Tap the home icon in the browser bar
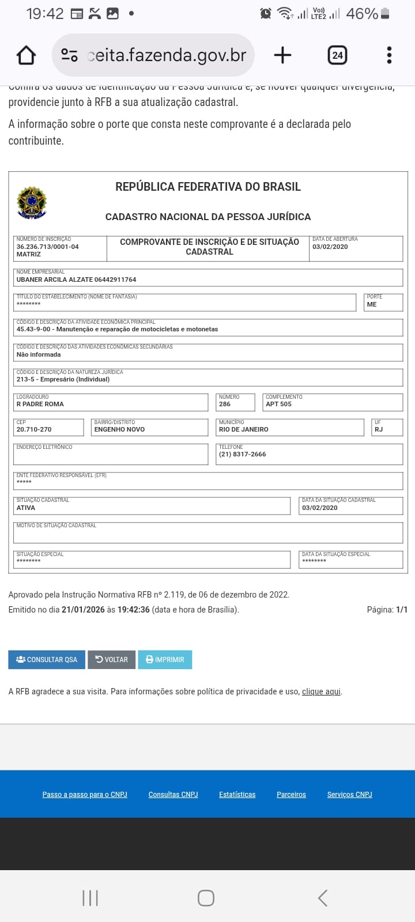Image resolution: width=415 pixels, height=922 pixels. [x=27, y=55]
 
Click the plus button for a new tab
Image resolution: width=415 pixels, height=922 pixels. [x=282, y=55]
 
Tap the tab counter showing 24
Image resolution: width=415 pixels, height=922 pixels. [x=337, y=55]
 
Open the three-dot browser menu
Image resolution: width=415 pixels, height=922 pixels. [x=389, y=55]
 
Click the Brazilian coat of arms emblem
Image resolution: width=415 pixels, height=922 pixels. [x=32, y=203]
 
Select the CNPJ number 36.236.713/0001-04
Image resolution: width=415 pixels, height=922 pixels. [x=47, y=247]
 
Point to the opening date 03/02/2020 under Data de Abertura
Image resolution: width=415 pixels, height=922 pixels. [x=330, y=247]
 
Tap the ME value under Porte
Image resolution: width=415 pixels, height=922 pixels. [x=372, y=304]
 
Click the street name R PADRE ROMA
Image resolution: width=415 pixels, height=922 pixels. [x=40, y=404]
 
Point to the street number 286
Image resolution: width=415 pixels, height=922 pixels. [x=225, y=404]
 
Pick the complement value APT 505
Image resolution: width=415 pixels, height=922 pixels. [x=278, y=404]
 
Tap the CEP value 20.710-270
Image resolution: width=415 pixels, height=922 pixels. [x=34, y=429]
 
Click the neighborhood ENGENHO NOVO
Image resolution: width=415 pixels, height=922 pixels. [x=119, y=429]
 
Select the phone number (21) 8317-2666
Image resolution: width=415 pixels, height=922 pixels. [x=243, y=454]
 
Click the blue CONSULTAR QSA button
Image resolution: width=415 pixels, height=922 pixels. [x=47, y=659]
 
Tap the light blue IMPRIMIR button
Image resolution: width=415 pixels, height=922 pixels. [x=165, y=659]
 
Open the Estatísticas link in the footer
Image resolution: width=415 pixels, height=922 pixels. [x=237, y=794]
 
